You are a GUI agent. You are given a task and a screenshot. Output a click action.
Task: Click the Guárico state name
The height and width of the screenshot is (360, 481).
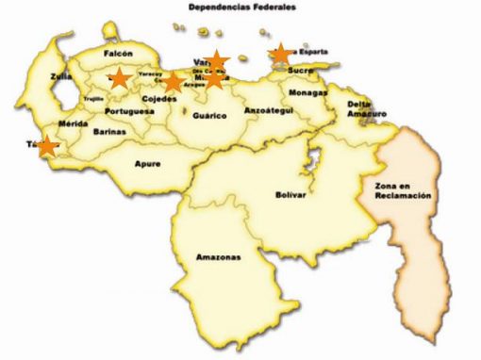pyautogui.click(x=208, y=115)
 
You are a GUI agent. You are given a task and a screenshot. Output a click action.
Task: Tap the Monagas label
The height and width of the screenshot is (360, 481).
pyautogui.click(x=307, y=93)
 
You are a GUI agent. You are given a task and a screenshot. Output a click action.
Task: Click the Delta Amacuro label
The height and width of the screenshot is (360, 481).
pyautogui.click(x=367, y=108)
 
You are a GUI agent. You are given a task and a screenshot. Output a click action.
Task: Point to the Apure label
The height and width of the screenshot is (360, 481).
pyautogui.click(x=147, y=164)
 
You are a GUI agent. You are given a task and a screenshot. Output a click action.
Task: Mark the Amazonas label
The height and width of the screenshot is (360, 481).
pyautogui.click(x=218, y=257)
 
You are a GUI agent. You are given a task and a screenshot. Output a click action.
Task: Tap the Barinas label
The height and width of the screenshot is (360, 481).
pyautogui.click(x=109, y=132)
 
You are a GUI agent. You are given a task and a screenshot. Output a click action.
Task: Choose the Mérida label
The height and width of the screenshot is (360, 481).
pyautogui.click(x=73, y=123)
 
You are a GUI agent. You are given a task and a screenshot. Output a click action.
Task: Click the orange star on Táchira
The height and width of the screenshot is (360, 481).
pyautogui.click(x=46, y=146)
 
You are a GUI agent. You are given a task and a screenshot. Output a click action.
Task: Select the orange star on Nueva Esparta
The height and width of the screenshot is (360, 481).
pyautogui.click(x=280, y=54)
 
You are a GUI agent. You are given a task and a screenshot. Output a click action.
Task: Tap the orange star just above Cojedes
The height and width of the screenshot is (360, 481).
pyautogui.click(x=173, y=82)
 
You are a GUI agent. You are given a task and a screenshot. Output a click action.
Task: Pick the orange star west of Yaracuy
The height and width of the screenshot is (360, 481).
pyautogui.click(x=119, y=78)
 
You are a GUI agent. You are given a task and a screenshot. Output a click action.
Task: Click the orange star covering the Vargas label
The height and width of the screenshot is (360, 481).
pyautogui.click(x=217, y=62)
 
